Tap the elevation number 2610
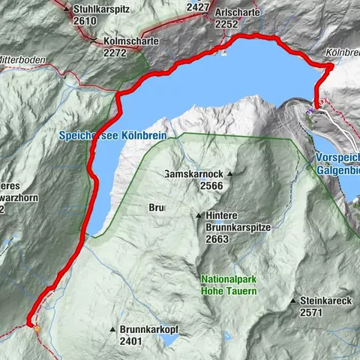pos(85,21)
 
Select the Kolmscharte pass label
pos(125,42)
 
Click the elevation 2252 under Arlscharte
pos(227,23)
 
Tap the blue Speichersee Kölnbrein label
pos(111,136)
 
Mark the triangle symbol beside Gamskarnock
pos(231,175)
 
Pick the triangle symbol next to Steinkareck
pos(293,301)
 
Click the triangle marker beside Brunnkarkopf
pos(113,330)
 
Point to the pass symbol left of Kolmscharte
pos(92,42)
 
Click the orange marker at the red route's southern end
pos(36,327)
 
